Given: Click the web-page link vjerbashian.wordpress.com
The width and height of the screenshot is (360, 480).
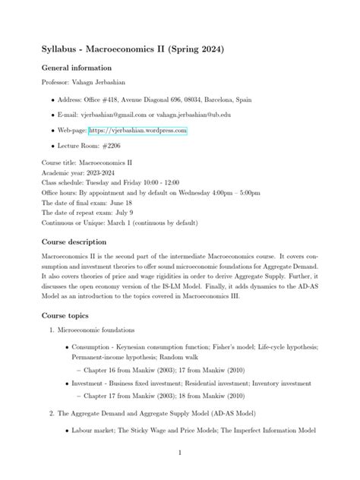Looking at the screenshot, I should pos(137,131).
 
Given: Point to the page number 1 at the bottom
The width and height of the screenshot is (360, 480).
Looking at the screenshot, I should pos(179,453).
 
